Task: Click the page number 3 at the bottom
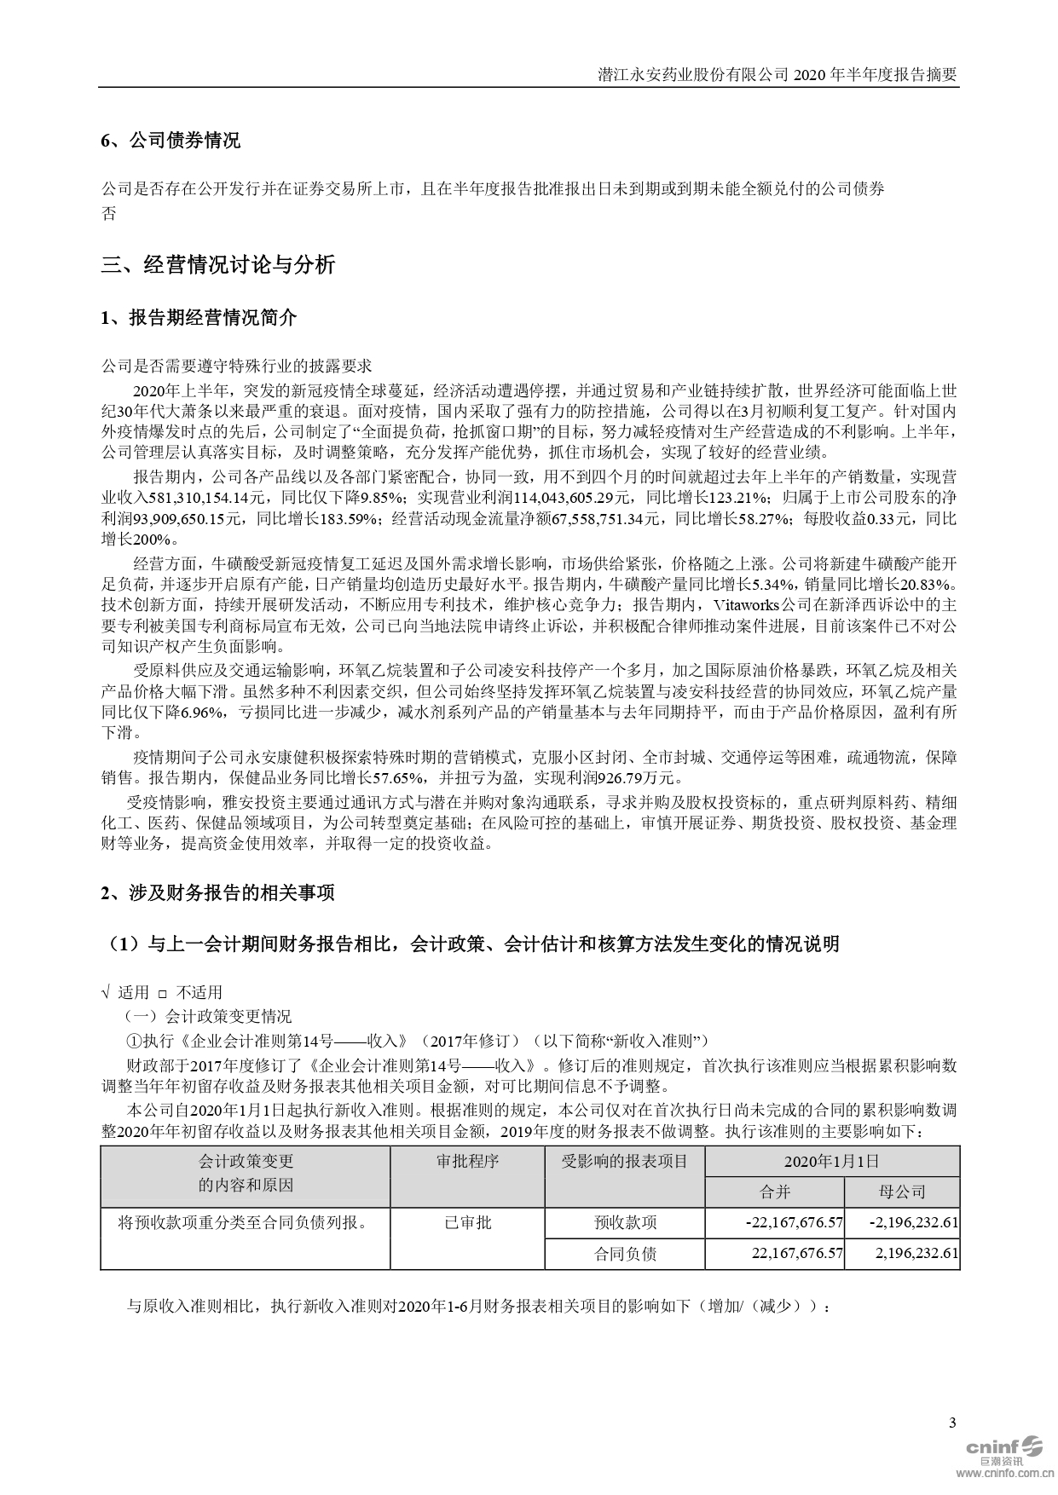click(952, 1422)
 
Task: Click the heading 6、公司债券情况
click(171, 141)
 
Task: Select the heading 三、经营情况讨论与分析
click(218, 265)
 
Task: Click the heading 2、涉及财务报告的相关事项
click(217, 892)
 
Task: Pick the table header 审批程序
click(467, 1162)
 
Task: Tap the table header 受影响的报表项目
click(625, 1162)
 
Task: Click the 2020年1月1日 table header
click(832, 1162)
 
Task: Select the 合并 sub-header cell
click(775, 1192)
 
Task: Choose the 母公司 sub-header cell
click(902, 1192)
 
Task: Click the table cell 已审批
click(467, 1222)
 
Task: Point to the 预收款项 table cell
click(625, 1222)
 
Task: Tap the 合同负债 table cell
click(625, 1254)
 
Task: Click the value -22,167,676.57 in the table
click(794, 1222)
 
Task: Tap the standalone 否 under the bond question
click(108, 213)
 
